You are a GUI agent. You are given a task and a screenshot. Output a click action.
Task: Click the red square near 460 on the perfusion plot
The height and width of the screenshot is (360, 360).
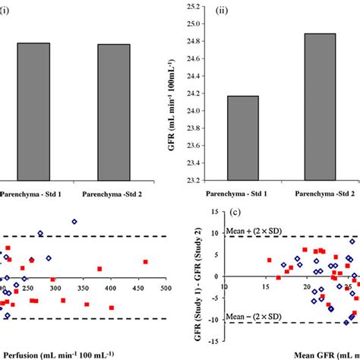tap(145, 262)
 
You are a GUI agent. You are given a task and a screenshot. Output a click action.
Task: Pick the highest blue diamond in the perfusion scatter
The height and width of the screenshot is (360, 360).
tap(74, 222)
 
